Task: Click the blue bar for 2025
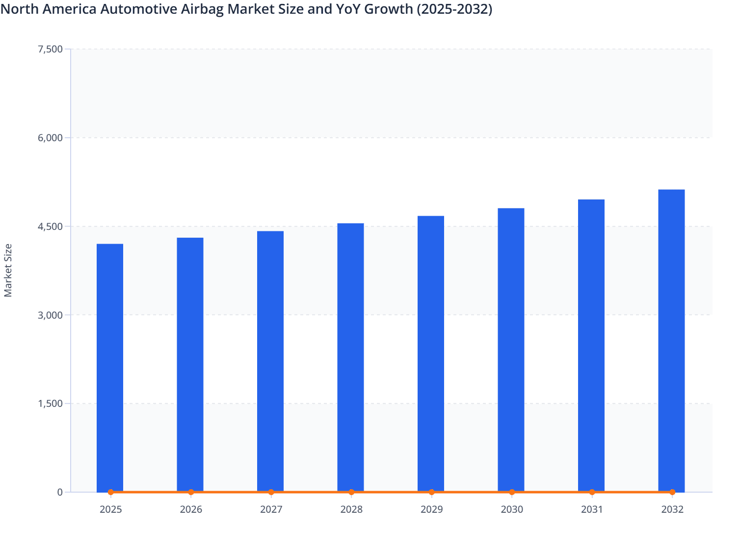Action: point(110,368)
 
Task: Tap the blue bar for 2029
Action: point(431,353)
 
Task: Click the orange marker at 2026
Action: point(191,492)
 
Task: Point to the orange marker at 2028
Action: point(351,492)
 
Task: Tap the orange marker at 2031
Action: point(592,492)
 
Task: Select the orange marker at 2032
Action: point(672,492)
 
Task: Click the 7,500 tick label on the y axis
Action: point(50,49)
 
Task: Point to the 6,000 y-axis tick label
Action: point(50,138)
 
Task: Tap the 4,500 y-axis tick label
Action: point(50,226)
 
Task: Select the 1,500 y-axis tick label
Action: point(50,403)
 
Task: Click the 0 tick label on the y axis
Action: point(60,492)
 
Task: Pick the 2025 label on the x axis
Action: point(110,509)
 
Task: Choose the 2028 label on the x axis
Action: point(351,509)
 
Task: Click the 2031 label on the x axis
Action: point(592,509)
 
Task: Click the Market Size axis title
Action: point(8,270)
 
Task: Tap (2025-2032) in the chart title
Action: point(454,9)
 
